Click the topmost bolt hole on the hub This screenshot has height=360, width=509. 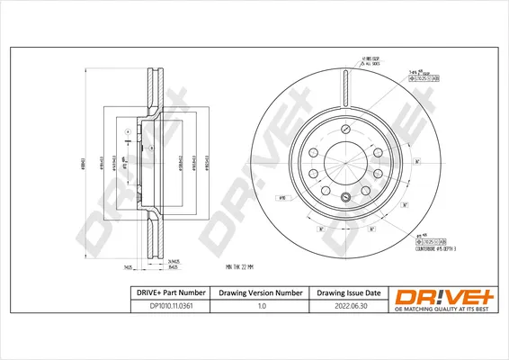coord(344,128)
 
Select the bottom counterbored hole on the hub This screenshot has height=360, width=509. coord(344,196)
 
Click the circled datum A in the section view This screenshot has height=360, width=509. coord(127,132)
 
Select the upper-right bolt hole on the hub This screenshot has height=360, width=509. coord(378,150)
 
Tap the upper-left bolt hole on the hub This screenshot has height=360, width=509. coord(312,150)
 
